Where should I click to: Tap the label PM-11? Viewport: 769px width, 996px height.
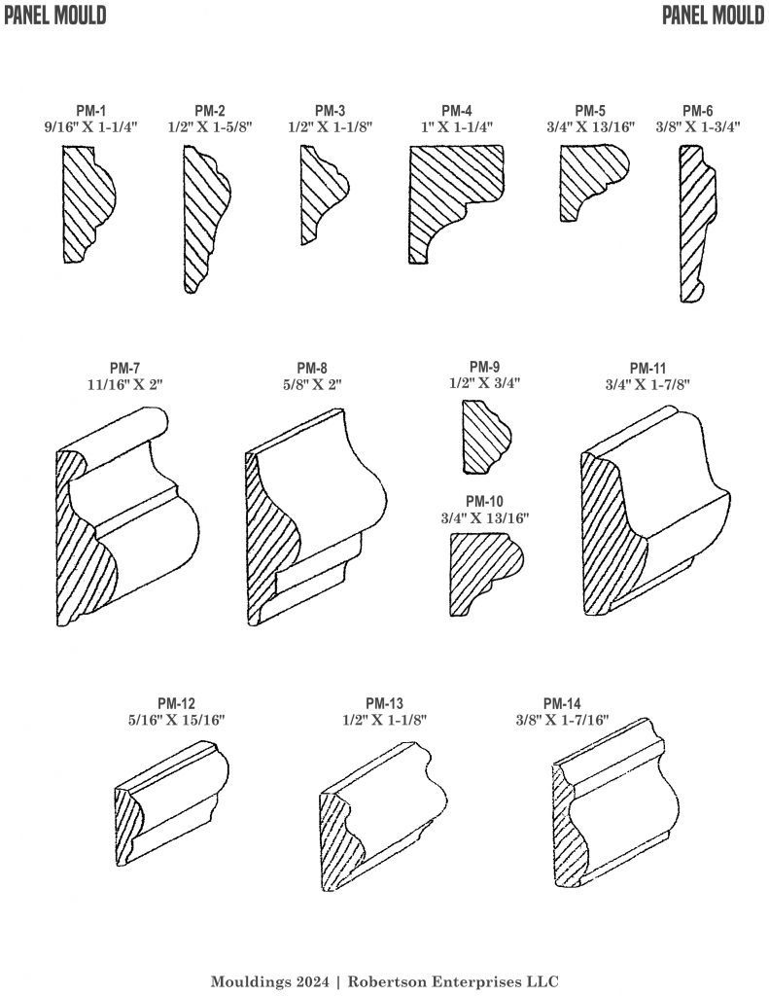(x=647, y=368)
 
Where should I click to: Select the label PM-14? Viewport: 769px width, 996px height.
(x=563, y=703)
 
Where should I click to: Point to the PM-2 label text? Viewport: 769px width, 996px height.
(x=210, y=111)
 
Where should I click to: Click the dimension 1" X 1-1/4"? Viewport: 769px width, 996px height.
(x=457, y=126)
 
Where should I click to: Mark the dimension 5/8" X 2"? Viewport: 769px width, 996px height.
(x=311, y=383)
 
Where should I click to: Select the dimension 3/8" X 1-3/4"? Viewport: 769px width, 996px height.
(x=697, y=126)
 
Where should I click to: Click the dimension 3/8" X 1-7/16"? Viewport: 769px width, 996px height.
(x=563, y=720)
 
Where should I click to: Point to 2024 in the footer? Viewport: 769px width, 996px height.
(x=312, y=980)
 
